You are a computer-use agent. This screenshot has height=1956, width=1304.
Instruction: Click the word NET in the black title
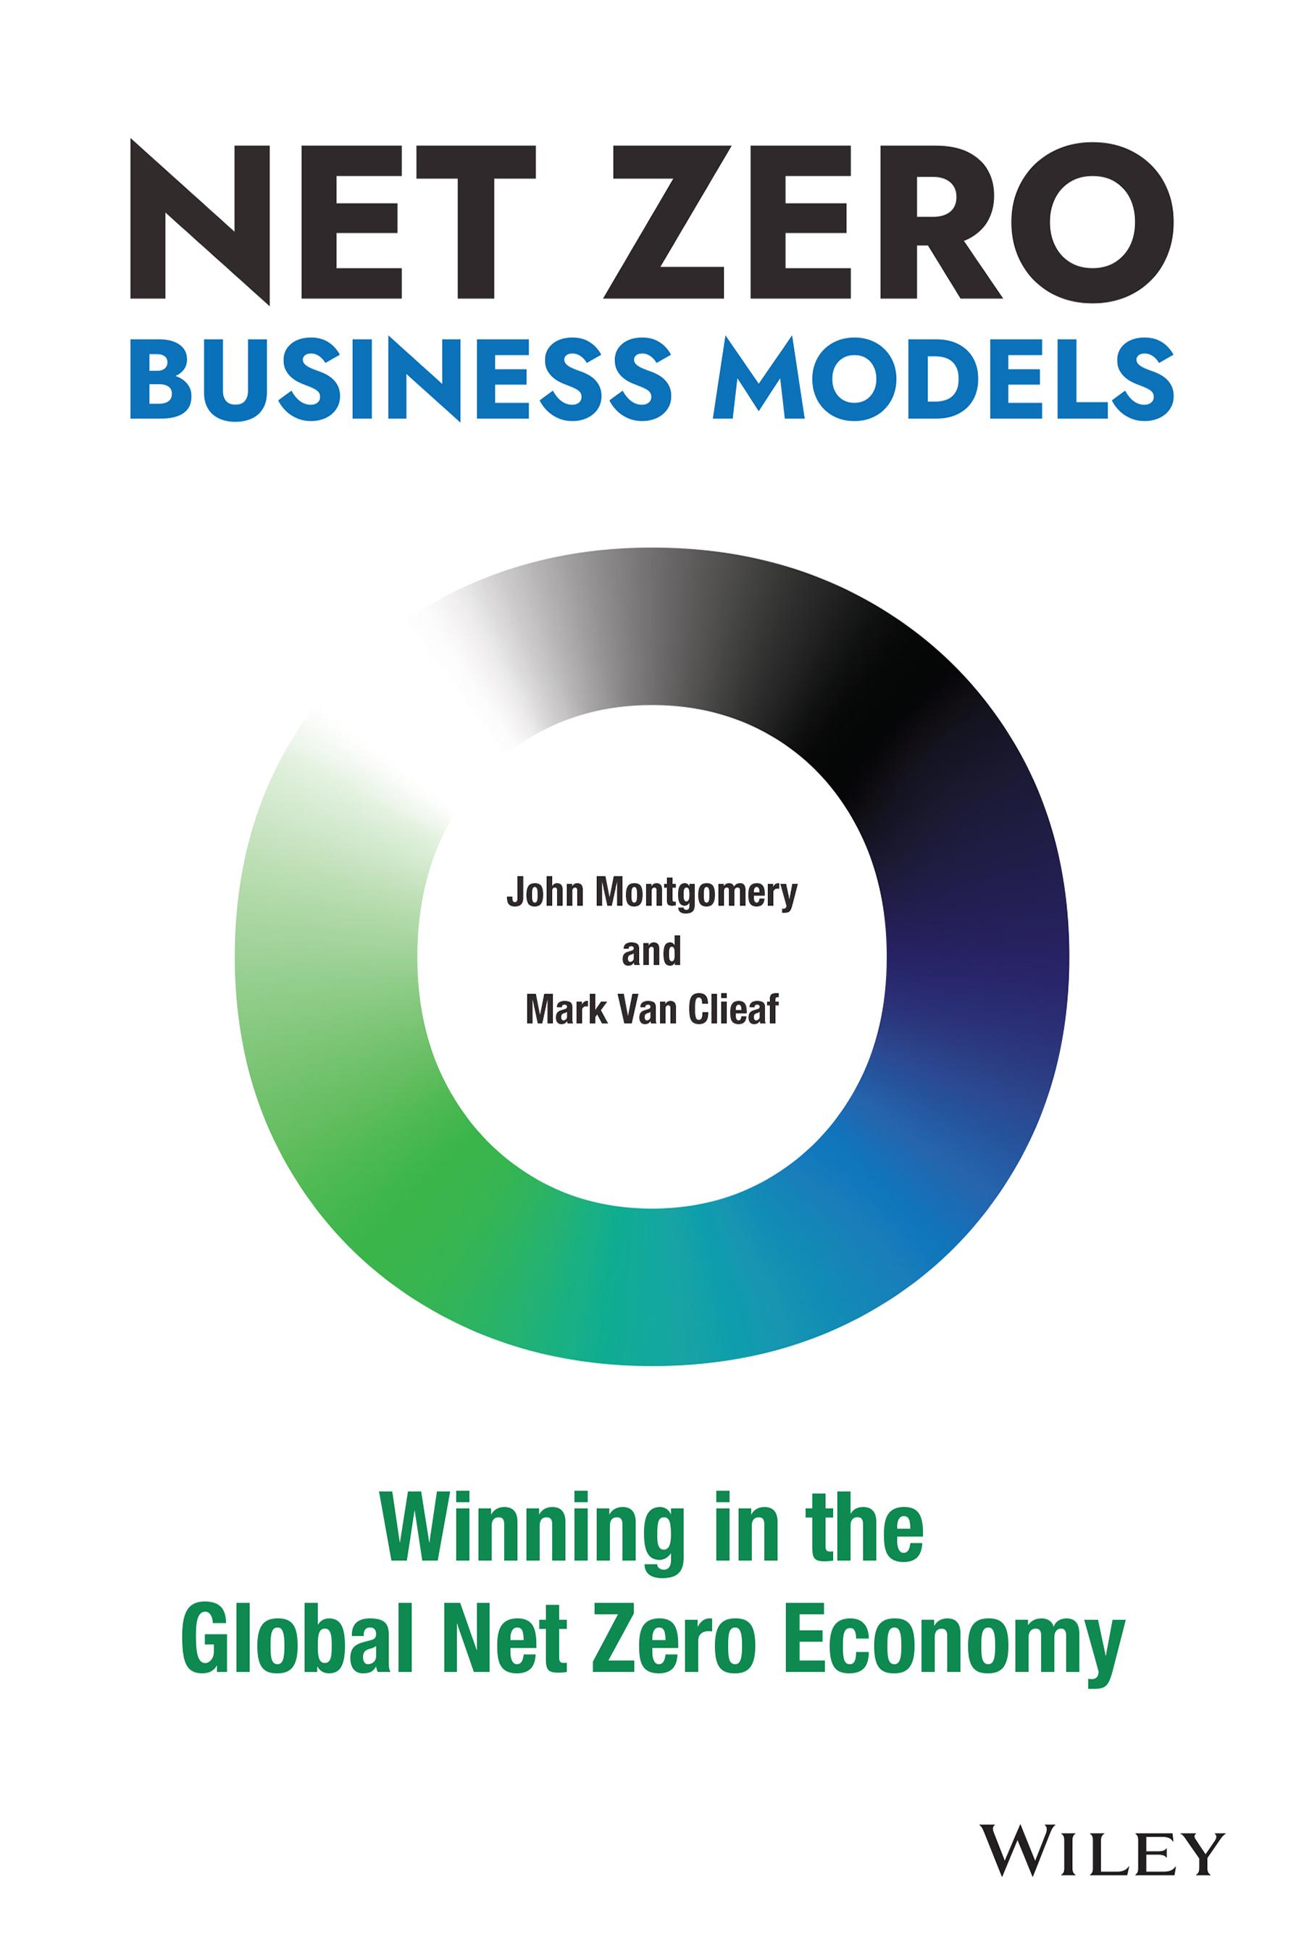point(333,222)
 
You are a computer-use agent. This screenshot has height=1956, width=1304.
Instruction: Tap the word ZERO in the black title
point(887,222)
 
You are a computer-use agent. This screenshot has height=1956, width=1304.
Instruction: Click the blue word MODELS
point(943,378)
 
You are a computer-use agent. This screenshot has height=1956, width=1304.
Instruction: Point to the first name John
point(545,894)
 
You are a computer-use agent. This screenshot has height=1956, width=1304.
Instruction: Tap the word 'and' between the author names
point(652,950)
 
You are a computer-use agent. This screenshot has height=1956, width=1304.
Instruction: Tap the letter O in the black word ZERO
point(1091,222)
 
